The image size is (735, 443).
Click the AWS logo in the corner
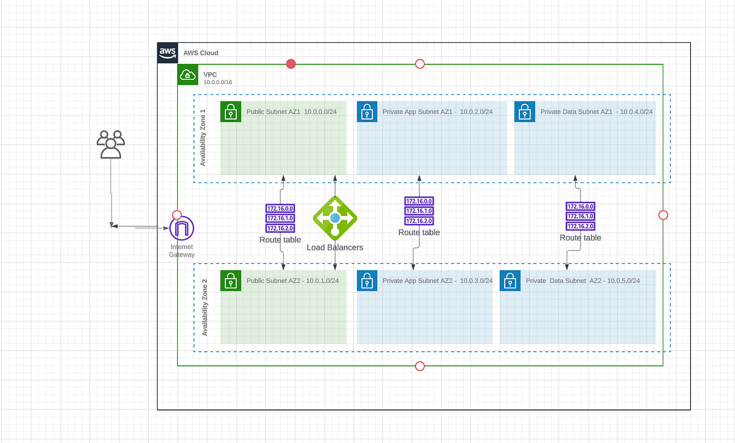pos(167,52)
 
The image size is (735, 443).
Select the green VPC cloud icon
pos(187,75)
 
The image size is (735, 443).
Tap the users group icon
pos(111,145)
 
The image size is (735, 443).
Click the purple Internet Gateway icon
pos(182,228)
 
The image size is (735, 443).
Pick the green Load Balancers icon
pos(334,218)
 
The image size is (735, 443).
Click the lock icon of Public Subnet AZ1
pos(231,112)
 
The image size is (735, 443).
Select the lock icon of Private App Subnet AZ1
pos(367,112)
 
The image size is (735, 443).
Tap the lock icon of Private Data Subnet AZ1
pos(524,112)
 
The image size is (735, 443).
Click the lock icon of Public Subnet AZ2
pos(231,280)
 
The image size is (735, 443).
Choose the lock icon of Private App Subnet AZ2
pos(367,280)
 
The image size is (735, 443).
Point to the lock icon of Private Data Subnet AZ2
pos(510,280)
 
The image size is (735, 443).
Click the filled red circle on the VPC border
pos(291,64)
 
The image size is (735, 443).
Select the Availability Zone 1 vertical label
pos(203,139)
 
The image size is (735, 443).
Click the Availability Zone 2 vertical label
pos(205,307)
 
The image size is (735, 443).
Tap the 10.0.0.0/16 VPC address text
pos(218,82)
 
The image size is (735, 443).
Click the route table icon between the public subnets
pos(280,218)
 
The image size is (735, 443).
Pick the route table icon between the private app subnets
pos(419,210)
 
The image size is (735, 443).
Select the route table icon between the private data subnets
pos(580,216)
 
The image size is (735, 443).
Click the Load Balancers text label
pos(335,248)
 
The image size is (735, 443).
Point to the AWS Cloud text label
pos(200,53)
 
